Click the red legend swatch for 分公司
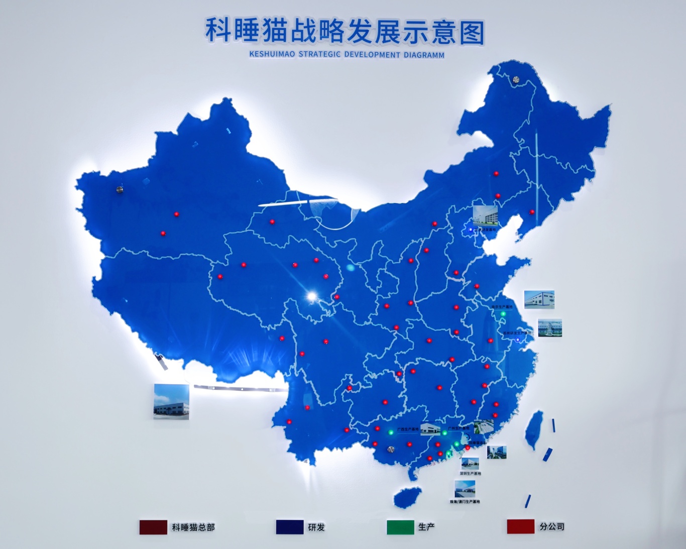coord(520,526)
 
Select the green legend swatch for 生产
coord(400,527)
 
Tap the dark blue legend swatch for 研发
coord(290,527)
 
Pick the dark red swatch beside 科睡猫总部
coord(153,527)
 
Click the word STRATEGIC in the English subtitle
coord(319,54)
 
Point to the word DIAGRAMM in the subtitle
coord(424,55)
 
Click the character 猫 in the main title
coord(274,31)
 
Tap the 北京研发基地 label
coord(485,230)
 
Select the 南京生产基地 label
coord(502,307)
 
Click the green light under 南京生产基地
coord(503,314)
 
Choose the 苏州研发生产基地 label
coord(517,333)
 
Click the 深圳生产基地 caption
coord(470,474)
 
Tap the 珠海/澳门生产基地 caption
coord(465,501)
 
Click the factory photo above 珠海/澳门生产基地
coord(465,489)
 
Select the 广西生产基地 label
coord(407,429)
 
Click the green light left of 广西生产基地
coord(390,431)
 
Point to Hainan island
coord(407,497)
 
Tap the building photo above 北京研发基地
coord(486,215)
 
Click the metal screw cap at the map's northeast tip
coord(516,79)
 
